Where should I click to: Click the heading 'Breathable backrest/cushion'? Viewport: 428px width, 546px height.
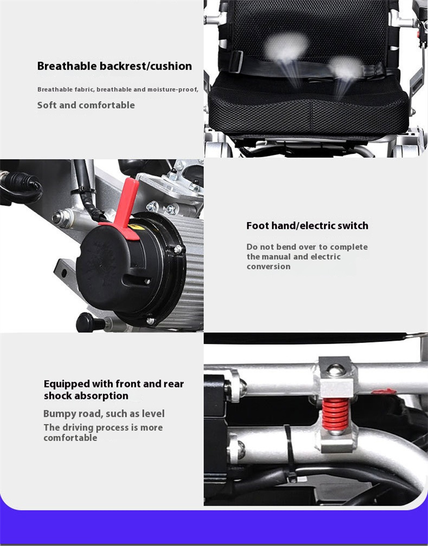pyautogui.click(x=114, y=66)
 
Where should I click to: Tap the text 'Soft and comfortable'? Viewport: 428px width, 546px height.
pyautogui.click(x=86, y=105)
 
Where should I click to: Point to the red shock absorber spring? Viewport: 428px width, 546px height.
pyautogui.click(x=335, y=414)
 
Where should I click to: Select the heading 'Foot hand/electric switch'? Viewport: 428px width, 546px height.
pyautogui.click(x=307, y=226)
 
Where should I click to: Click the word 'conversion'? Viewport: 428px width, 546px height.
pyautogui.click(x=269, y=266)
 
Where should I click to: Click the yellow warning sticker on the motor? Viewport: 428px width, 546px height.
pyautogui.click(x=136, y=227)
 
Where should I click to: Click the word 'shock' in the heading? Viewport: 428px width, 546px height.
pyautogui.click(x=58, y=396)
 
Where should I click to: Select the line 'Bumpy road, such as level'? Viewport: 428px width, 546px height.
pyautogui.click(x=104, y=414)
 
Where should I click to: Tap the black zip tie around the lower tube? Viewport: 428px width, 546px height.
pyautogui.click(x=290, y=453)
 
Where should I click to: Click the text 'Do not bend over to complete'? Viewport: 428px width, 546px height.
pyautogui.click(x=307, y=247)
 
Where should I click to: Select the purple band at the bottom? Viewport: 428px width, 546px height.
pyautogui.click(x=214, y=528)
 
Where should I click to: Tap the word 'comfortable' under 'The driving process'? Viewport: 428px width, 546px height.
pyautogui.click(x=71, y=437)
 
